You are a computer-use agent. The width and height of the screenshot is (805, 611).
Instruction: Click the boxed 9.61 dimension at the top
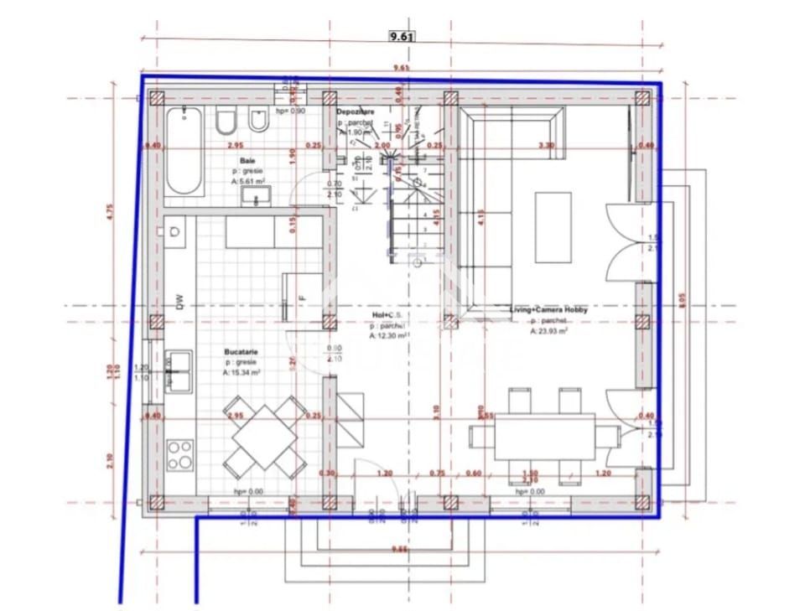coord(402,36)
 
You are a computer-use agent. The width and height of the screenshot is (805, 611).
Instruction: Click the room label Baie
coord(247,160)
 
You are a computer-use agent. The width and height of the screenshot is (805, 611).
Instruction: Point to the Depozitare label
coord(356,111)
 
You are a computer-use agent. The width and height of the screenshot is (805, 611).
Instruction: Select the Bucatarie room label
coord(241,352)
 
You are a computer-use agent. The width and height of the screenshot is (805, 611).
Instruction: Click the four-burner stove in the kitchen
coord(179,455)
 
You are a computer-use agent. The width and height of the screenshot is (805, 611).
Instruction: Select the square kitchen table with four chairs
coord(264,438)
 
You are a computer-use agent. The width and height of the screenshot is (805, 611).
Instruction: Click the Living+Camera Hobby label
coord(548,310)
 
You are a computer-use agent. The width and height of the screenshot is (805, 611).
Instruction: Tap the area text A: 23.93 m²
coord(548,331)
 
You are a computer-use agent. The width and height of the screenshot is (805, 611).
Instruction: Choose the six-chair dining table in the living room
coord(544,437)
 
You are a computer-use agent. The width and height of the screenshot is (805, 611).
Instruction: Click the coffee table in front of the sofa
coord(553,216)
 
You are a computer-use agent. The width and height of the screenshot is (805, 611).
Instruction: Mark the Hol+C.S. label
coord(387,315)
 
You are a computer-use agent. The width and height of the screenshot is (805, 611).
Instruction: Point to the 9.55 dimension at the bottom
coord(402,549)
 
